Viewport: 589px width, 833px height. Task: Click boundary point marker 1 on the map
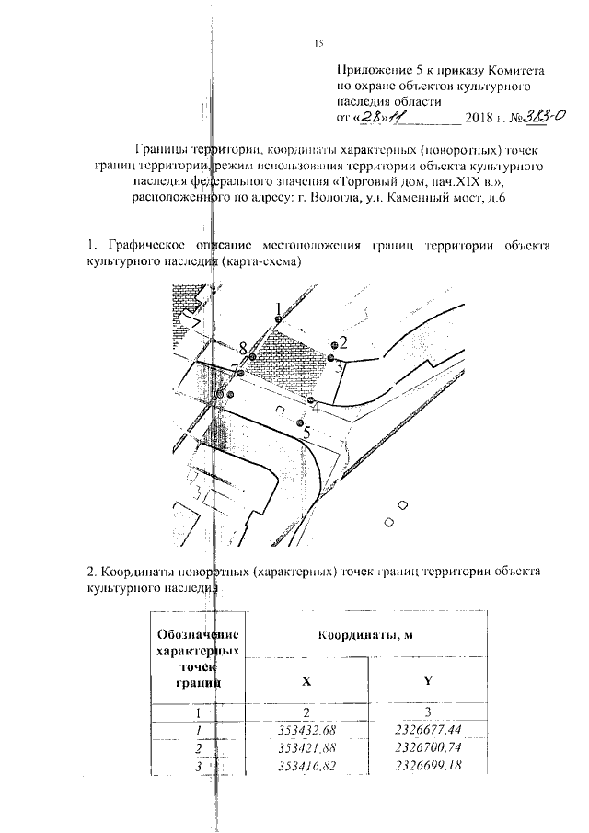277,318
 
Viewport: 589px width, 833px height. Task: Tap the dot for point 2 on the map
334,344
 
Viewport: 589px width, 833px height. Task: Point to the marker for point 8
251,356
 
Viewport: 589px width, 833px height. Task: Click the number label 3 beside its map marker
339,366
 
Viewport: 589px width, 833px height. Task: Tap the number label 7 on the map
235,369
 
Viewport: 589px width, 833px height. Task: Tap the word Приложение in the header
376,71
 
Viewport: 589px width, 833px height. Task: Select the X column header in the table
306,682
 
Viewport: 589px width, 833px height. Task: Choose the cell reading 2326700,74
427,748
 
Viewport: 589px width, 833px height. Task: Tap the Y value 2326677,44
427,731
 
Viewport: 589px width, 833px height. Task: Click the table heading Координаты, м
365,635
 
